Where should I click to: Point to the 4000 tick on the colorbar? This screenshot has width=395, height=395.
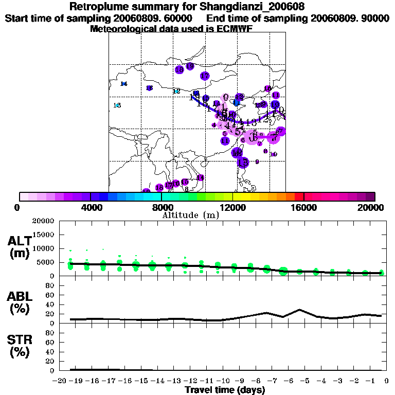coord(91,207)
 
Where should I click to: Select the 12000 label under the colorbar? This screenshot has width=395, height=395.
coord(233,207)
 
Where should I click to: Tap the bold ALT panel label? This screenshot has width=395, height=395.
coord(19,240)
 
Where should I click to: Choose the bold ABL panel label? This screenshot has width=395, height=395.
coord(19,296)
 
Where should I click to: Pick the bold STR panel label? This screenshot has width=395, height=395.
coord(19,339)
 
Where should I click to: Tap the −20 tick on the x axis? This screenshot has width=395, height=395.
coord(60,381)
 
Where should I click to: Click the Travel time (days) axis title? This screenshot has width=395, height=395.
coord(225,390)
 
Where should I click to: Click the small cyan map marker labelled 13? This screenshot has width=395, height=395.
coord(117,105)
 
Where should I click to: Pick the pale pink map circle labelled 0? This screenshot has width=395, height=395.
coord(225,97)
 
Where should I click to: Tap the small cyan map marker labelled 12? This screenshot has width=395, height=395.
coord(176,91)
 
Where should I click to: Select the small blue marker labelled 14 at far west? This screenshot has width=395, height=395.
coord(123,84)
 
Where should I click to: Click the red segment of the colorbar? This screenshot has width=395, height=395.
coord(299,196)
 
